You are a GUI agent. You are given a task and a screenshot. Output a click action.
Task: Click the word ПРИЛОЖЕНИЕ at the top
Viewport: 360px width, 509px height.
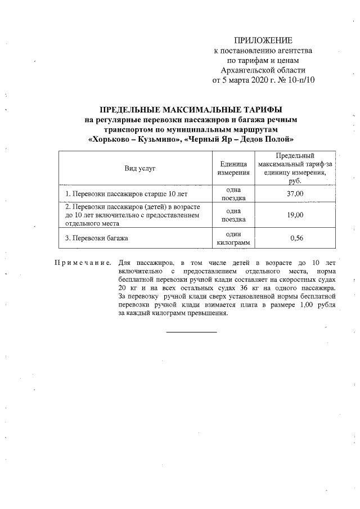click(263, 40)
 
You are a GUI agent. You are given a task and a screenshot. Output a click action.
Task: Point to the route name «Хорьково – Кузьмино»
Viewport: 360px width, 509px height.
click(134, 139)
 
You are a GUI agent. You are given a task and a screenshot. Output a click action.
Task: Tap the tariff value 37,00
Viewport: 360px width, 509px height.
click(296, 193)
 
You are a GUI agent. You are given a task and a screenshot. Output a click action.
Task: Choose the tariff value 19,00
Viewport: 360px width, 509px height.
click(296, 215)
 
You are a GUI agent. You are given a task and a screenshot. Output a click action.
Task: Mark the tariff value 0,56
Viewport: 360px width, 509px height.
click(296, 238)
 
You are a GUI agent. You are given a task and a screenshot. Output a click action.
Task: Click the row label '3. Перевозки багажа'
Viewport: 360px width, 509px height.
click(97, 238)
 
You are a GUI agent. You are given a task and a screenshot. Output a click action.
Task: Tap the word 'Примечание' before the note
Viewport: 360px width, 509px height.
click(83, 263)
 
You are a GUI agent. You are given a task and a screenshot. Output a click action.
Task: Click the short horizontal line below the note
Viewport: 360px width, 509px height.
click(191, 332)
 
